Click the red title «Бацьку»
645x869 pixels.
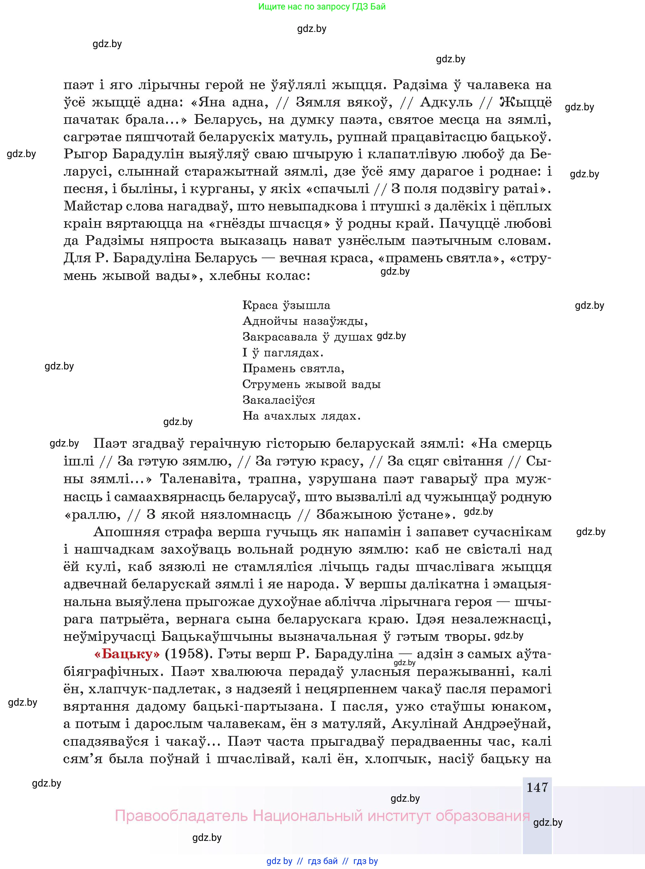click(x=127, y=654)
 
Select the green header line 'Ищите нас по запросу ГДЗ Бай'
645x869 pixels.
click(x=322, y=7)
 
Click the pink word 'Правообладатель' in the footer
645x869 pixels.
click(x=181, y=816)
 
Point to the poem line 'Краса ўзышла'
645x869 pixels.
click(x=286, y=305)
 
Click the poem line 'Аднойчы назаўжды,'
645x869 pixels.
click(x=305, y=321)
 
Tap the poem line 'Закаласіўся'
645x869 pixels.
click(x=278, y=400)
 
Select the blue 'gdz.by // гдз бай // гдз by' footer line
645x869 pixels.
click(x=322, y=861)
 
